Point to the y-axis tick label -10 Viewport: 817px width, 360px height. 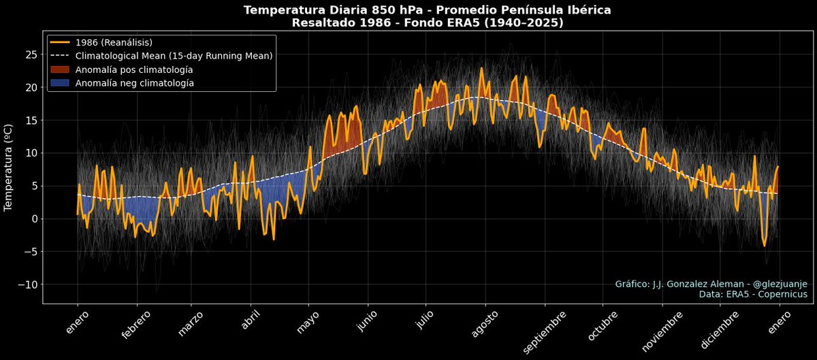[x=28, y=284]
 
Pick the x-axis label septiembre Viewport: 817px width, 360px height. [x=545, y=333]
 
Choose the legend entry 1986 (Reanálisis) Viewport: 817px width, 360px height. [x=114, y=43]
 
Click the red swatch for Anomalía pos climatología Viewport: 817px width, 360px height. [x=61, y=70]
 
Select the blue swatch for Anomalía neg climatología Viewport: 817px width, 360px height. [x=61, y=84]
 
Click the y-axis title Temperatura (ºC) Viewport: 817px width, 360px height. [x=10, y=167]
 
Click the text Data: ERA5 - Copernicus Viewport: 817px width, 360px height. [x=752, y=295]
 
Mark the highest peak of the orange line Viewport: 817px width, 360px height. [x=481, y=68]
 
